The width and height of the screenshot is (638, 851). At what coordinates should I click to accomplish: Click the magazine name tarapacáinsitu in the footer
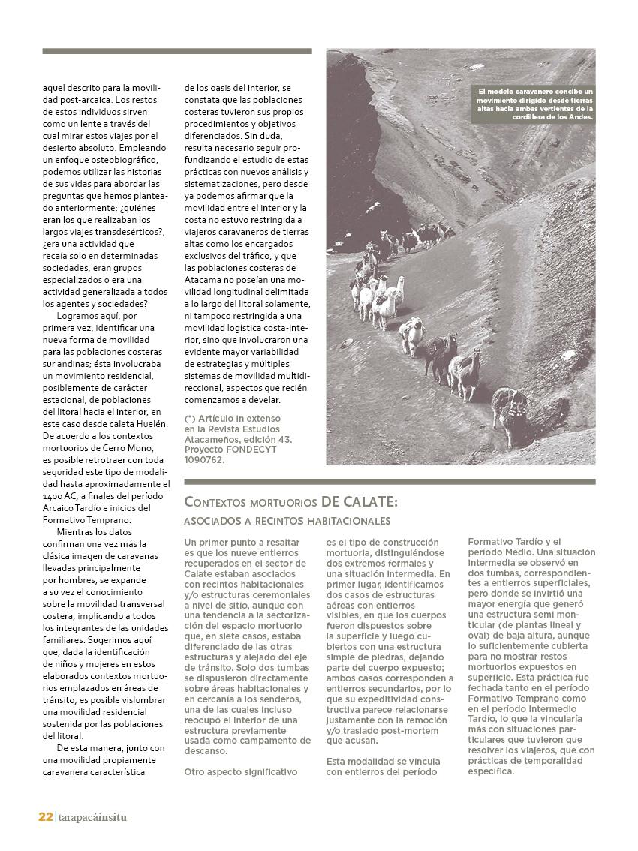click(x=92, y=817)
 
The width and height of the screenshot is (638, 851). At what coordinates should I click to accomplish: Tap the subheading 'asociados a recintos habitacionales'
click(x=287, y=521)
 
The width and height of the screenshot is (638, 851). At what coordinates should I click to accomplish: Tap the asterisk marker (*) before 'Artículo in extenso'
click(x=190, y=418)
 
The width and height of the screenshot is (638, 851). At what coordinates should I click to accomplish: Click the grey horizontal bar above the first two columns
click(x=176, y=51)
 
